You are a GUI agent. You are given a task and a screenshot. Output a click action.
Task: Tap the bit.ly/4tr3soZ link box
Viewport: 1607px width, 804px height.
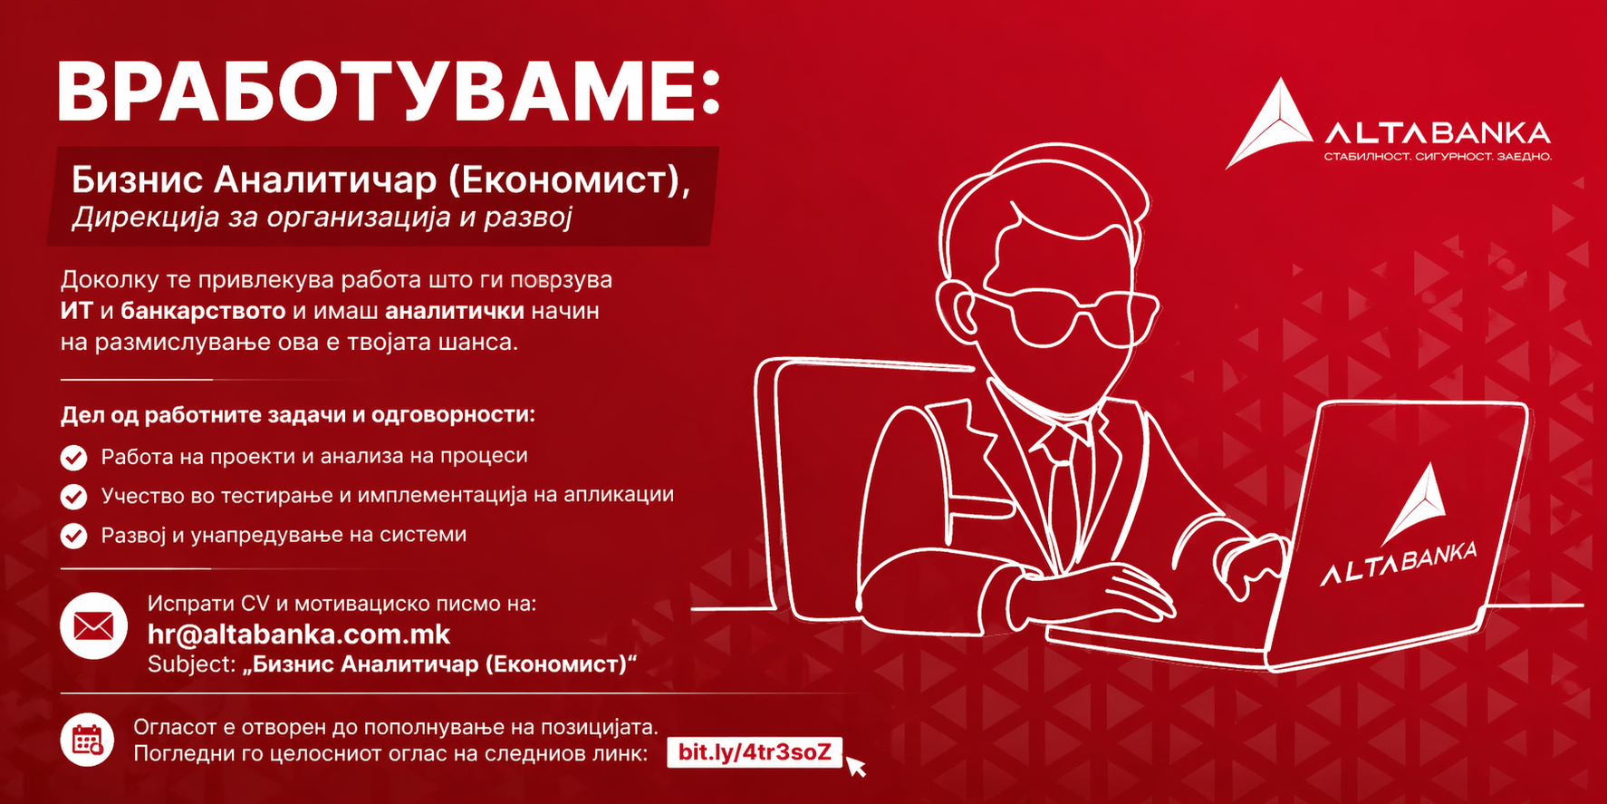click(x=755, y=752)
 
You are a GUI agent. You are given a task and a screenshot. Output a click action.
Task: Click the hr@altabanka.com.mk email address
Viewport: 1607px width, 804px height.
click(x=299, y=634)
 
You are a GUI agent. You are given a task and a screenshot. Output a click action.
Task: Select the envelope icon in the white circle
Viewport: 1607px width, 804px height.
click(x=94, y=625)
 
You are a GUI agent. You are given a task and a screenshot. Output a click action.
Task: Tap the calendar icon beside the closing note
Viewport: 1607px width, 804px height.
click(x=88, y=740)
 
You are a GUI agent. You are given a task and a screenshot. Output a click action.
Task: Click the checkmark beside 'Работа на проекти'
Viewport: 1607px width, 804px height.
click(x=74, y=458)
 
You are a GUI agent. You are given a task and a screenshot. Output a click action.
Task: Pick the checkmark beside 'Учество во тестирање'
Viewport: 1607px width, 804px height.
click(x=74, y=497)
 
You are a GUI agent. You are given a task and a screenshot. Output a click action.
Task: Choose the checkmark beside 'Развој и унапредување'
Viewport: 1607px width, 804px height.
click(x=74, y=536)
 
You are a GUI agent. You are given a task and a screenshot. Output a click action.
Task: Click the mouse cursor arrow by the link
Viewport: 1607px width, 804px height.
click(x=855, y=767)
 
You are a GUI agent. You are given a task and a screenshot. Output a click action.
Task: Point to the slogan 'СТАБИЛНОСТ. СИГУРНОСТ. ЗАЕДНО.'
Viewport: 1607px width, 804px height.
click(x=1438, y=157)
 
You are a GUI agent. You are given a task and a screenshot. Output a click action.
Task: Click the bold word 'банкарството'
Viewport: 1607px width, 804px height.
click(x=203, y=311)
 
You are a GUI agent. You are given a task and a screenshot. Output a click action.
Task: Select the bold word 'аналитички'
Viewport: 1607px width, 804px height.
click(x=455, y=311)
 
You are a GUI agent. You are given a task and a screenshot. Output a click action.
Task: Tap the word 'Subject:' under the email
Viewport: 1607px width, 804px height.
click(x=192, y=664)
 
